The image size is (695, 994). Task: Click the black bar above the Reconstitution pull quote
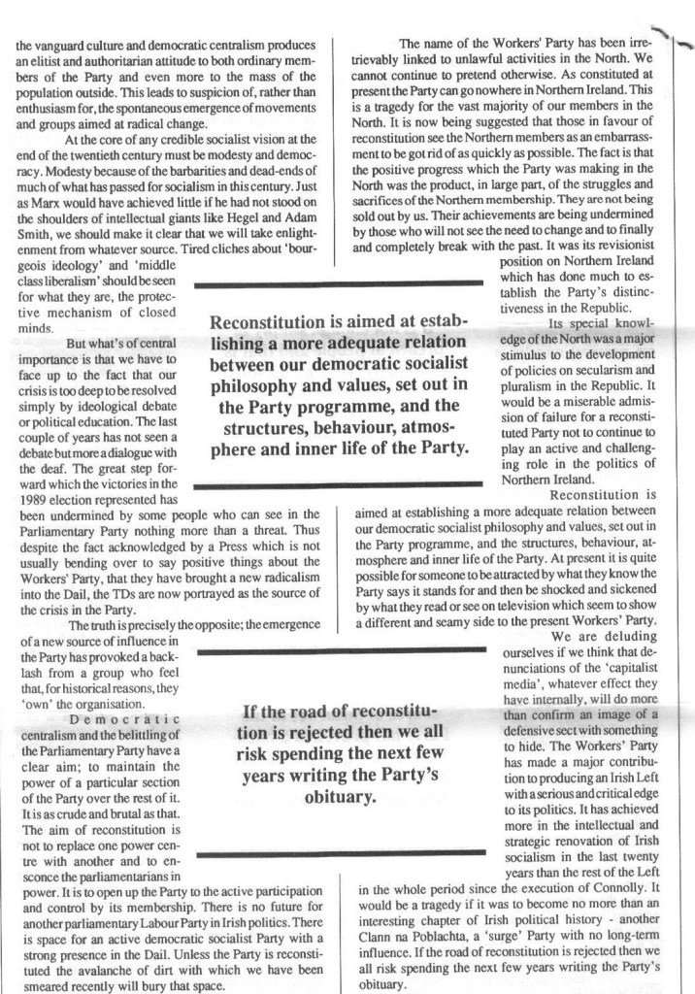pyautogui.click(x=339, y=282)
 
